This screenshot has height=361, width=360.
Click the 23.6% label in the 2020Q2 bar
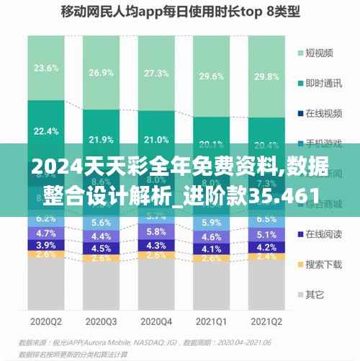(46, 68)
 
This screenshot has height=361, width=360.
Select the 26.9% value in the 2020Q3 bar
(100, 73)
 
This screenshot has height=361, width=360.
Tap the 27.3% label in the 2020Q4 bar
(156, 73)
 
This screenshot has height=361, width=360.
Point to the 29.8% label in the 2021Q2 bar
(266, 77)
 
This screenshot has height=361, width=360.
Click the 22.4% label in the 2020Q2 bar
(46, 130)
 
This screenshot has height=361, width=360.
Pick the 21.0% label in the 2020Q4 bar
(156, 140)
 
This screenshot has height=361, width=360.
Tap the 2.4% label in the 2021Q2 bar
(266, 257)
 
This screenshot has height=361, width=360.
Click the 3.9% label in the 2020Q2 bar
(46, 245)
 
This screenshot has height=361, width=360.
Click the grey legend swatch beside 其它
(300, 294)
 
